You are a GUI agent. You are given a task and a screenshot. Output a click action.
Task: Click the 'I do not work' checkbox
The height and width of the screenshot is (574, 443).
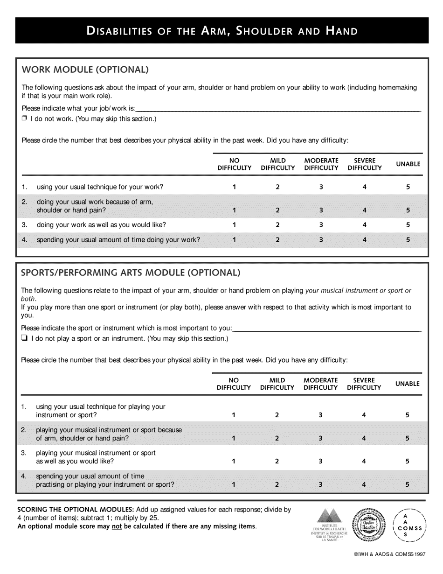point(24,119)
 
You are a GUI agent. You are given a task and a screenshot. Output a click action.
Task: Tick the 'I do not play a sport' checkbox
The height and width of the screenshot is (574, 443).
point(24,339)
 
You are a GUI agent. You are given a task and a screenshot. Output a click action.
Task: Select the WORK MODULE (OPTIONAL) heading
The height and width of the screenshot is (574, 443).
point(85,70)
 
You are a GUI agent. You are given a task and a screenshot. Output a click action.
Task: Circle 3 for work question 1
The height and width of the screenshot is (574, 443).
point(321,187)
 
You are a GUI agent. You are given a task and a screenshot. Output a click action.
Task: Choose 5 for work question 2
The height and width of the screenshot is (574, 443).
point(408,210)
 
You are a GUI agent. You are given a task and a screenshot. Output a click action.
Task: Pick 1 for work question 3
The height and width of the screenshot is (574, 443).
point(234,225)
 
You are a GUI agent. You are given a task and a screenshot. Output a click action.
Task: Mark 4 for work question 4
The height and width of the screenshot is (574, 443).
point(365,240)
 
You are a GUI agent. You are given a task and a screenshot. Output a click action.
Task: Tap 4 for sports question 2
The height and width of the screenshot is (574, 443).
point(364,438)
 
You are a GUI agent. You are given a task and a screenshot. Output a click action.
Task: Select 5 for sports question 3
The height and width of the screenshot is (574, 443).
point(407,461)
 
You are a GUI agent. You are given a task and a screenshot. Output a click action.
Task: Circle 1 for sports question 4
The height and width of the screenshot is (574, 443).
point(234,484)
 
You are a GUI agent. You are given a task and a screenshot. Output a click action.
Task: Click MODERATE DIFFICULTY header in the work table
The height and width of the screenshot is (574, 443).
point(321,164)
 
